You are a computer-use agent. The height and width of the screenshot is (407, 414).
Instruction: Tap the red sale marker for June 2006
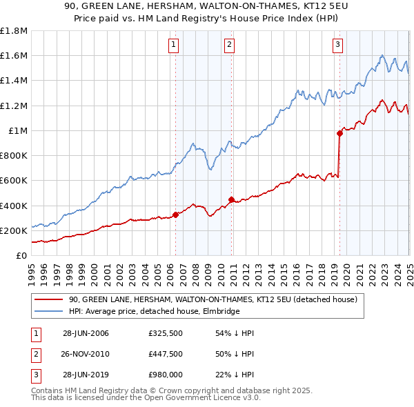pyautogui.click(x=175, y=215)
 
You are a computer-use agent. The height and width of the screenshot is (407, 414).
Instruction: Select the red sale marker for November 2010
pyautogui.click(x=231, y=199)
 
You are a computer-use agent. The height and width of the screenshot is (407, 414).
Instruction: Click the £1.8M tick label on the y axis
pyautogui.click(x=14, y=31)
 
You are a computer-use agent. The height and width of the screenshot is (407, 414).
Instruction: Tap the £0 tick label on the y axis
pyautogui.click(x=21, y=255)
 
